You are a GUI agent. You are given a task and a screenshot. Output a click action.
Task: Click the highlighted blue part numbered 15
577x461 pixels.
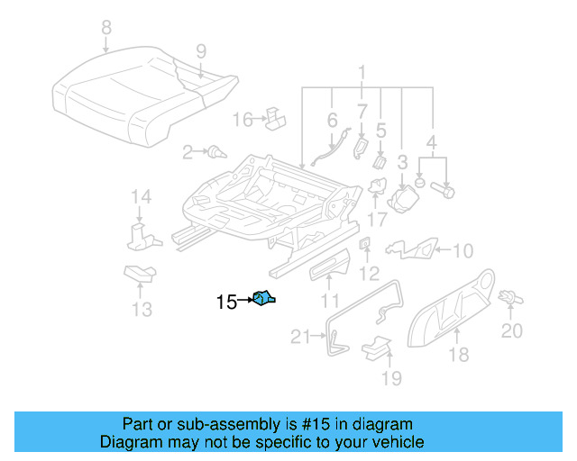coord(263,299)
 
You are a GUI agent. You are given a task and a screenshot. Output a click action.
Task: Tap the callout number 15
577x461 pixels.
coord(225,302)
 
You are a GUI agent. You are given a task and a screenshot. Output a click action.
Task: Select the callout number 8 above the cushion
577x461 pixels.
coord(105,28)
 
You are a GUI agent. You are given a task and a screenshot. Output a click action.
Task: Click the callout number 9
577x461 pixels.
coord(200,50)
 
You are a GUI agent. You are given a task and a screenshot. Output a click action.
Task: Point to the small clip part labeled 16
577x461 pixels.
coord(274,116)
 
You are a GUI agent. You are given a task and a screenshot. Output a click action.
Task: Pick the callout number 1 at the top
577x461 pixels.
coord(362,71)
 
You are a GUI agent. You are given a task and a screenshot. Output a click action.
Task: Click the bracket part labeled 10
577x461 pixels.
coord(410,249)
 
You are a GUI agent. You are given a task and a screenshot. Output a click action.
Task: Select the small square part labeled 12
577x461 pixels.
coord(365,245)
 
